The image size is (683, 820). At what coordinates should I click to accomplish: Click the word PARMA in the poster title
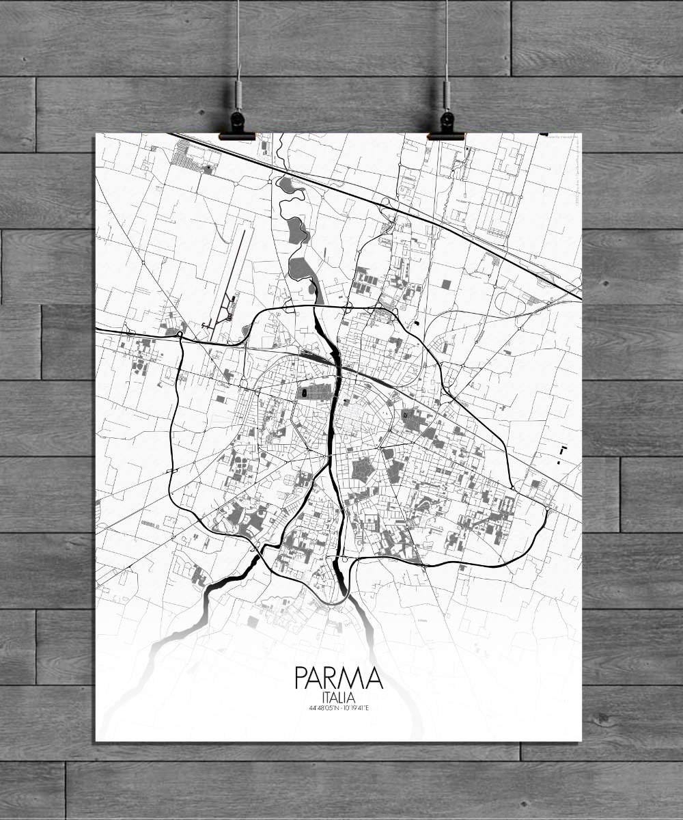338,678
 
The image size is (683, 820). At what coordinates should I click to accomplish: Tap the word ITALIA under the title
338,696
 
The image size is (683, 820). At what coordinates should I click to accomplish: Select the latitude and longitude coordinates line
338,707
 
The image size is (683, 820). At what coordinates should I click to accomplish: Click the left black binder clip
237,127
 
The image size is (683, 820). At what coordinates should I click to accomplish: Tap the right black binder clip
446,127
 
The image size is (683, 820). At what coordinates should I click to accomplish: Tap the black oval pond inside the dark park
303,393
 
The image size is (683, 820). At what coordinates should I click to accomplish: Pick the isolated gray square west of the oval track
446,283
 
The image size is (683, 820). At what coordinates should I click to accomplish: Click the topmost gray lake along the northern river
284,183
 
